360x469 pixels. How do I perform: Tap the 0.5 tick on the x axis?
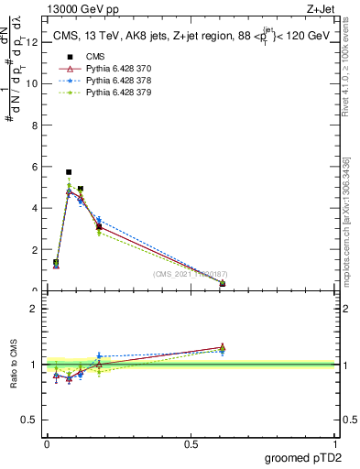[191, 444]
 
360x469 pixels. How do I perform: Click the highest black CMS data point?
[69, 171]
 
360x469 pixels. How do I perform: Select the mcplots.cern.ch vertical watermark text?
[346, 220]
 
